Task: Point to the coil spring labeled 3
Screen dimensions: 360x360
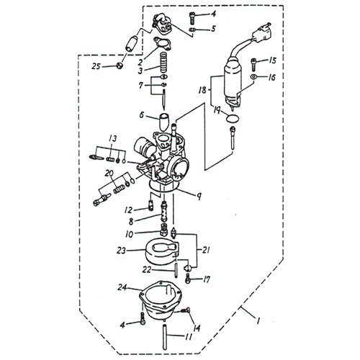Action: (x=162, y=69)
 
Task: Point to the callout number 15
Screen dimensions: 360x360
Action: (x=273, y=62)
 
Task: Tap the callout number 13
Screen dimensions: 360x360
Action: (x=112, y=138)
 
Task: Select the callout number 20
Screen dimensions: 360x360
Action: (x=108, y=174)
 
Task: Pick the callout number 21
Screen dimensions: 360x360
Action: (x=207, y=250)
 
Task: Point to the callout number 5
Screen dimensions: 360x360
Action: (x=212, y=30)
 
